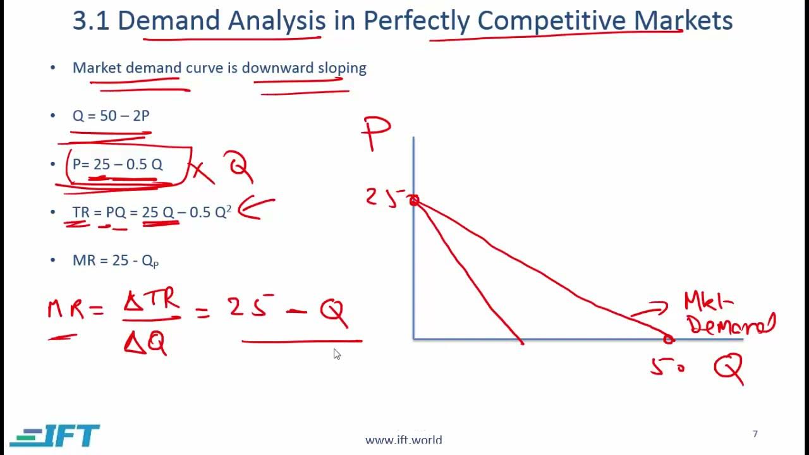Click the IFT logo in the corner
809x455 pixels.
55,435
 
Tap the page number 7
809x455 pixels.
755,434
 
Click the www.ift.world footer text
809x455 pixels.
403,440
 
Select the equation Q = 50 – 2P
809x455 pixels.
111,116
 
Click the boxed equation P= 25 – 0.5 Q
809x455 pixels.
118,165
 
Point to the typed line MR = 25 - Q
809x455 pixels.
115,260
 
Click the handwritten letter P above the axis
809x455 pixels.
376,133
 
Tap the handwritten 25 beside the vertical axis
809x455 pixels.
381,197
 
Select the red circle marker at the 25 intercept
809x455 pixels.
414,201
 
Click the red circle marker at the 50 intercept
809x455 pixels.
669,339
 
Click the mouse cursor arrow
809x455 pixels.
337,354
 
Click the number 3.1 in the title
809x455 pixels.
91,21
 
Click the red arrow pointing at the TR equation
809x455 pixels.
256,208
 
